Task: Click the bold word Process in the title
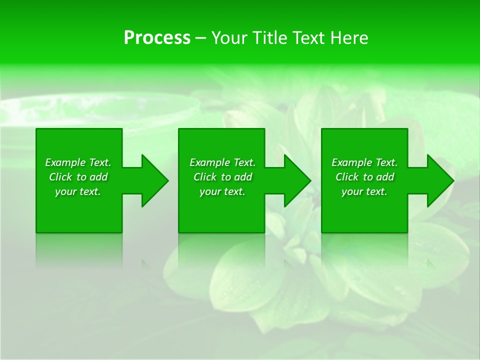pyautogui.click(x=157, y=38)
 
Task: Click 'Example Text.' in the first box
pyautogui.click(x=78, y=162)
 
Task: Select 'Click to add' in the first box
pyautogui.click(x=78, y=177)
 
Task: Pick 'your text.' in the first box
pyautogui.click(x=78, y=191)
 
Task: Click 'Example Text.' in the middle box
pyautogui.click(x=222, y=162)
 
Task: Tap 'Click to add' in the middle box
pyautogui.click(x=222, y=177)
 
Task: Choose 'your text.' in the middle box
pyautogui.click(x=222, y=191)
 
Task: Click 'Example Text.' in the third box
pyautogui.click(x=364, y=162)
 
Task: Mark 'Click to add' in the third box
pyautogui.click(x=364, y=177)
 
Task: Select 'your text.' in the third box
pyautogui.click(x=364, y=191)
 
